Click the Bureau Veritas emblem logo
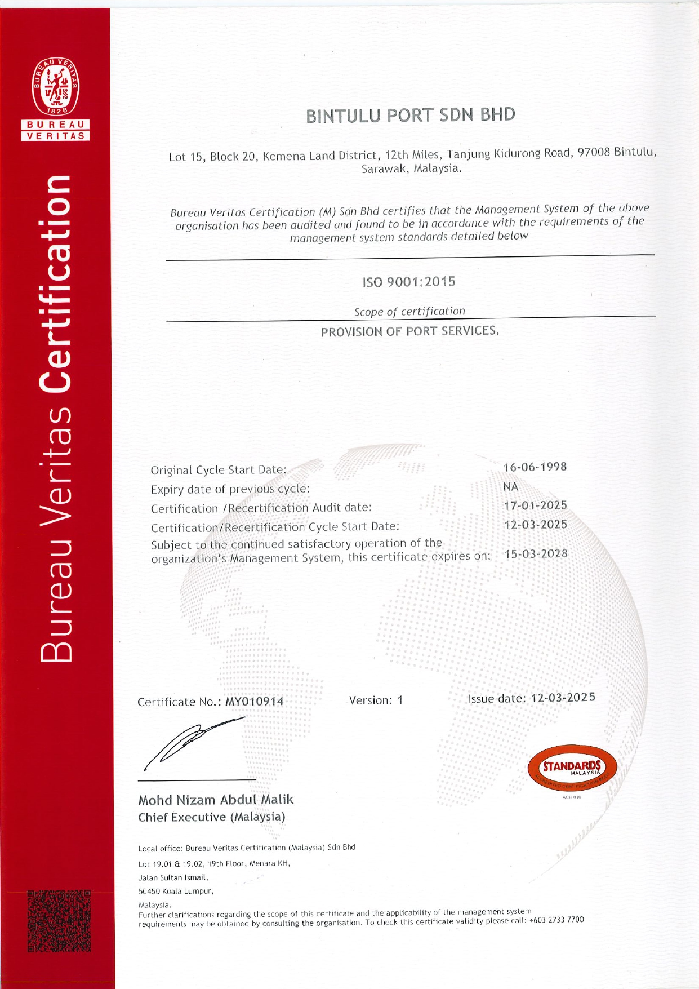[55, 85]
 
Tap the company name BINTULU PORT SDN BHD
[411, 115]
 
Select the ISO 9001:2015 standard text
[409, 282]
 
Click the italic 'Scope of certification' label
[409, 312]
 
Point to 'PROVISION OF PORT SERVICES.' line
[410, 331]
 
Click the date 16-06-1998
[535, 467]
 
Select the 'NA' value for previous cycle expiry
[511, 486]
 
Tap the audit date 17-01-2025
[535, 505]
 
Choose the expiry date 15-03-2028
[536, 554]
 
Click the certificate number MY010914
[255, 702]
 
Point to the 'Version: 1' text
[376, 700]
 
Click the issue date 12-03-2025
[563, 698]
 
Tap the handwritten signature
[192, 741]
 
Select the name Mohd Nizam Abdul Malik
[216, 800]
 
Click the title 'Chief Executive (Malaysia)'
[212, 817]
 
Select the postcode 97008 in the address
[594, 152]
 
